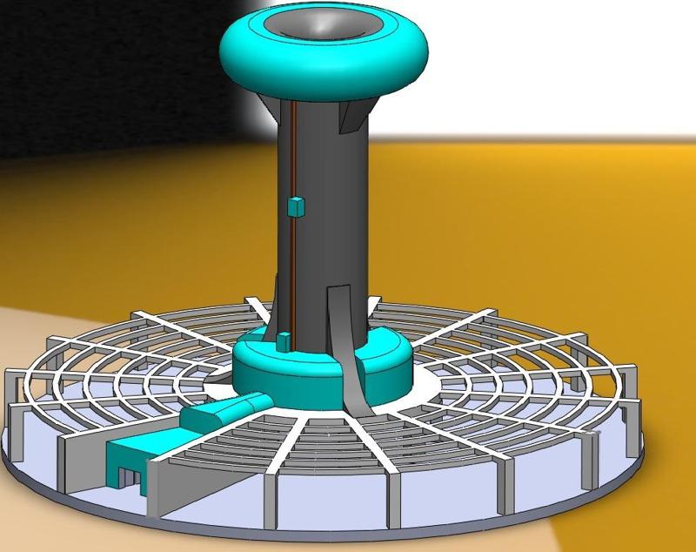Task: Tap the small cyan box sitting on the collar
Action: (x=284, y=340)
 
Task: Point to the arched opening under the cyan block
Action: (x=129, y=478)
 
